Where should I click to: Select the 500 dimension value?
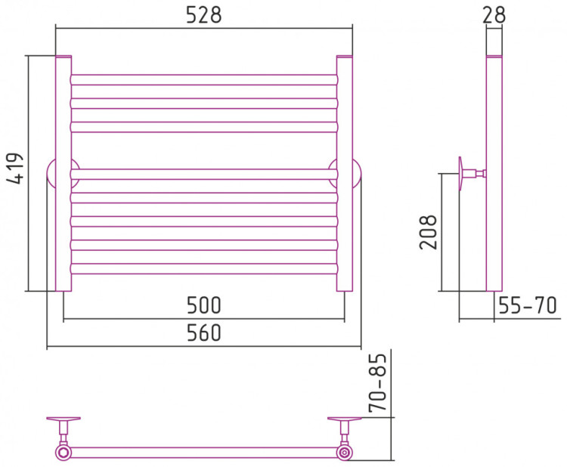204,306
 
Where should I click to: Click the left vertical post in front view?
64,173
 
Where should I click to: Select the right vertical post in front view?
345,173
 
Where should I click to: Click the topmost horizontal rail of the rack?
204,79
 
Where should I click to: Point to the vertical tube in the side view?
494,227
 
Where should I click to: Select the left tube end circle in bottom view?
62,453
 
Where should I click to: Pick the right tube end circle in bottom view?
345,453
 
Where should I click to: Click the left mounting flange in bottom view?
64,419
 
